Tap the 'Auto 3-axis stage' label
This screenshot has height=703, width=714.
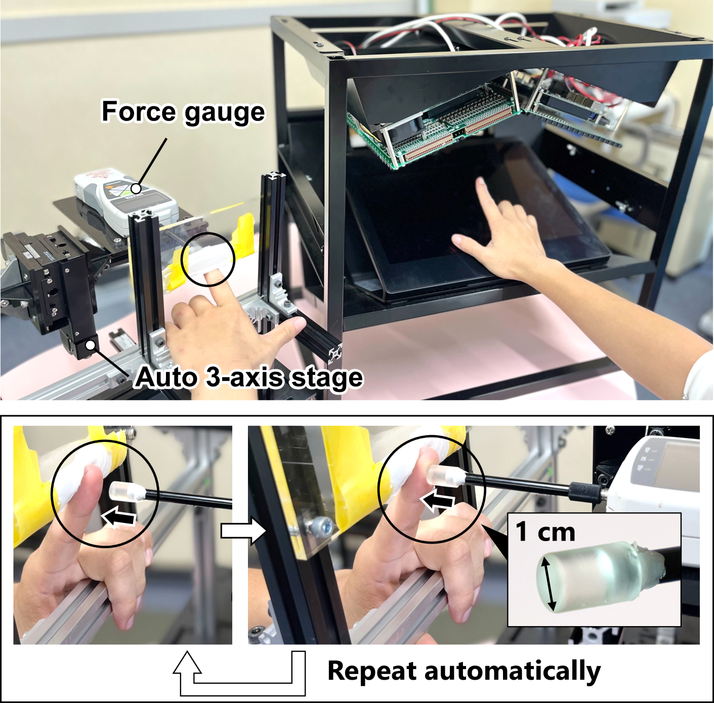(x=248, y=377)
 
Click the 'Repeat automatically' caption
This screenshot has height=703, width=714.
(x=464, y=671)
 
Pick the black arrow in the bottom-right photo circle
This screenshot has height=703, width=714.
(x=438, y=501)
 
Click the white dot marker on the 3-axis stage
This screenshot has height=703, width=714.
(x=90, y=345)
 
